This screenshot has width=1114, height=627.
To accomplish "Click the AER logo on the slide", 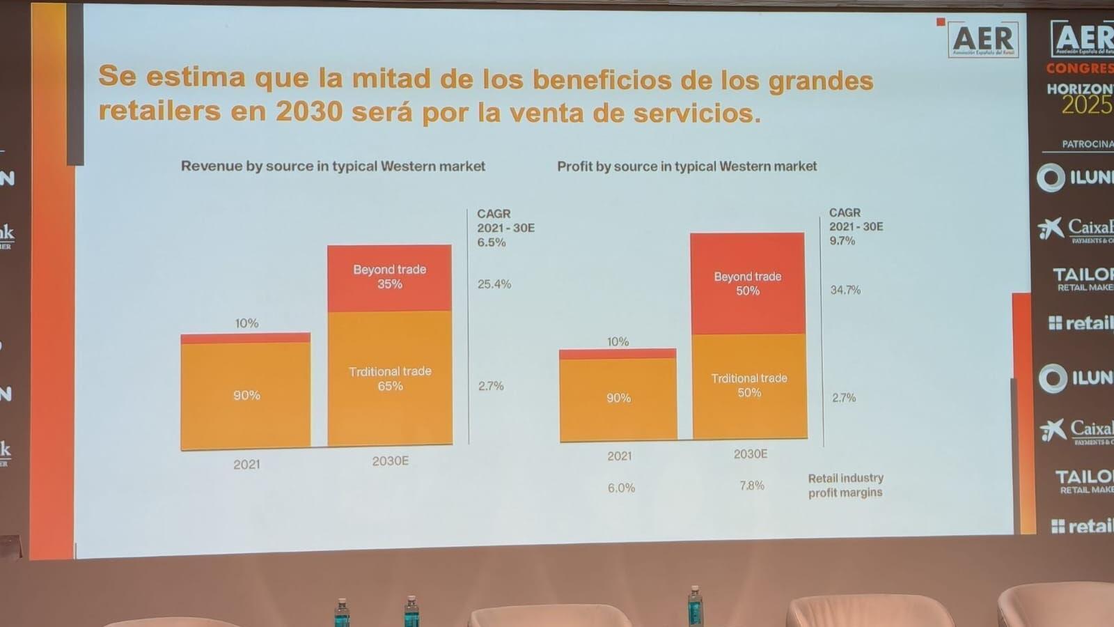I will [x=984, y=39].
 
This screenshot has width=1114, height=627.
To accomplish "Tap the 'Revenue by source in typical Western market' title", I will [x=333, y=167].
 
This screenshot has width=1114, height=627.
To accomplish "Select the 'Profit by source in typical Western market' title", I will [x=687, y=167].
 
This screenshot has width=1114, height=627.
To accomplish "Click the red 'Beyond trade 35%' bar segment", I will [x=389, y=277].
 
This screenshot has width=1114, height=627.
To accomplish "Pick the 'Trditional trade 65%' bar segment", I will [x=390, y=378].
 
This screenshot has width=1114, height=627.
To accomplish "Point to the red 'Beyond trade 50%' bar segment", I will [x=748, y=284].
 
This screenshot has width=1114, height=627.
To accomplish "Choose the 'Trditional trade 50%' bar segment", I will [x=749, y=385].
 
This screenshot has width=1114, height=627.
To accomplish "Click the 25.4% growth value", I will [x=494, y=284].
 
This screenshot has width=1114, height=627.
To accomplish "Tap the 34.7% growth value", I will [x=845, y=290].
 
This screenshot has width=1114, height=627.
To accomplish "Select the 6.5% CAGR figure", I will [x=492, y=242].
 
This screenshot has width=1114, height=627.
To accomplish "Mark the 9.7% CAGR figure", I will [x=842, y=241].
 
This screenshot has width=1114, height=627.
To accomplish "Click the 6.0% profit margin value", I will [x=621, y=488].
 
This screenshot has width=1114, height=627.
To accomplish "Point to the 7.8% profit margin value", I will [x=752, y=486].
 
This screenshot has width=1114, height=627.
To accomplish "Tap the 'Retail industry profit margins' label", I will [x=845, y=485].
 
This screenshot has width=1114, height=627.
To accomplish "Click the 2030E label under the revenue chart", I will [x=390, y=461].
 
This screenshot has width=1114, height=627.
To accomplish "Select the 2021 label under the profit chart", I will [x=619, y=456].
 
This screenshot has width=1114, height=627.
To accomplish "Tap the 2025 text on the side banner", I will [x=1087, y=105].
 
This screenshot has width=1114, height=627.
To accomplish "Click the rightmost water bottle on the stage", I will [x=695, y=605].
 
